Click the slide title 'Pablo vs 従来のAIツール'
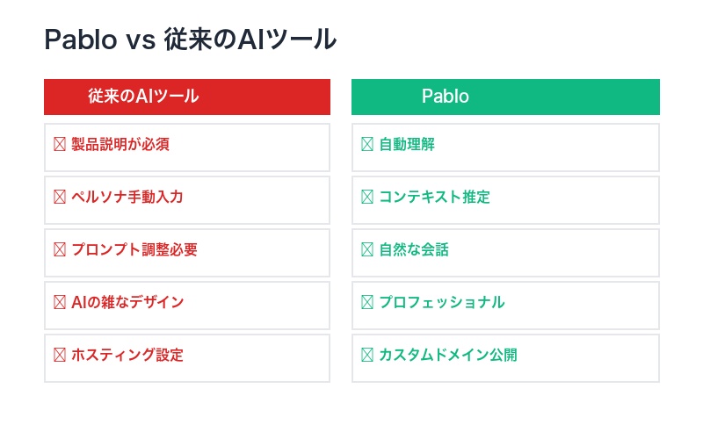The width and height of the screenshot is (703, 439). [x=190, y=40]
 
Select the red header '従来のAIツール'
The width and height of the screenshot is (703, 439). [x=143, y=97]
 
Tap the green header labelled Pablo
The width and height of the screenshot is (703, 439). [x=445, y=97]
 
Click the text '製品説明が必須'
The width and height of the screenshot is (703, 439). [x=120, y=144]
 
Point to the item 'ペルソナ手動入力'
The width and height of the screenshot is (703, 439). [x=127, y=197]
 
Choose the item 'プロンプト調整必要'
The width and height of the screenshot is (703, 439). [x=134, y=249]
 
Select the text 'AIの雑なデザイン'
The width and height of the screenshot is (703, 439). [x=127, y=302]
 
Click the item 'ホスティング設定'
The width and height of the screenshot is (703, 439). [x=127, y=355]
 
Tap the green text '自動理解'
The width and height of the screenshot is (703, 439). [x=407, y=144]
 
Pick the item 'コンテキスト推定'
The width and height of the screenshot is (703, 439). [x=435, y=197]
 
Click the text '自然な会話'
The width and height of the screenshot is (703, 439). [x=414, y=249]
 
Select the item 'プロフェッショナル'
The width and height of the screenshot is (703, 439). [x=442, y=302]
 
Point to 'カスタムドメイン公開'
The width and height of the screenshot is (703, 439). [x=448, y=355]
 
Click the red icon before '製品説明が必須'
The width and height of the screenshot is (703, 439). [x=60, y=144]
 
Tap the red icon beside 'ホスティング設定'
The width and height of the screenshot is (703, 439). [x=60, y=355]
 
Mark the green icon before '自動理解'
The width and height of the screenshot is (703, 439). [x=367, y=144]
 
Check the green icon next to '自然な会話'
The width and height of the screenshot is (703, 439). [x=367, y=249]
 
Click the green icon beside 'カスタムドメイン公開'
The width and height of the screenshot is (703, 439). [x=367, y=355]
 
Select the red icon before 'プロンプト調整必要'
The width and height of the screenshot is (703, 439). [x=60, y=249]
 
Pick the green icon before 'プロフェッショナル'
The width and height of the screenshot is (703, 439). [x=367, y=302]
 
